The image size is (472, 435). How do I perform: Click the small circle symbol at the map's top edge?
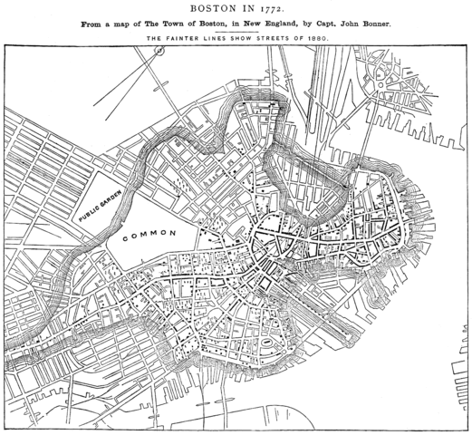(159, 52)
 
